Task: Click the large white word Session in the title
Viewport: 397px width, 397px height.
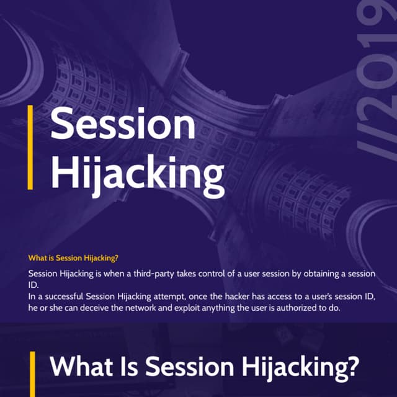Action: pyautogui.click(x=122, y=124)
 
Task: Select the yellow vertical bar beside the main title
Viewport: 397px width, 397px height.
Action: pyautogui.click(x=30, y=147)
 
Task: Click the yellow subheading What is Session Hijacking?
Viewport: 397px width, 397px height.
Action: pyautogui.click(x=73, y=258)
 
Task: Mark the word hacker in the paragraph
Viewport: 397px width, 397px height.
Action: pyautogui.click(x=236, y=297)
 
